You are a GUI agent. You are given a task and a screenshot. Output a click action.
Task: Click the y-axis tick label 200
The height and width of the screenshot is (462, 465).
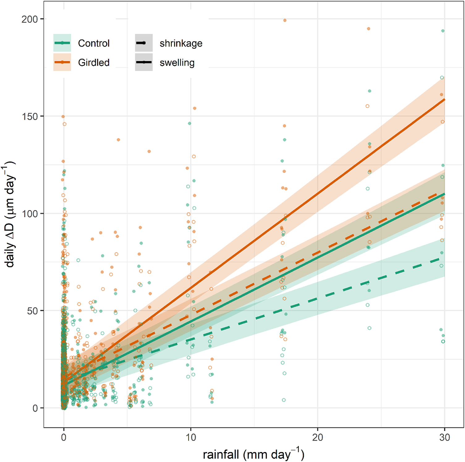[29, 19]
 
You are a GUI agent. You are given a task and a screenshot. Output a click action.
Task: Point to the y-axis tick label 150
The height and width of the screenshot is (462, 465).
[29, 117]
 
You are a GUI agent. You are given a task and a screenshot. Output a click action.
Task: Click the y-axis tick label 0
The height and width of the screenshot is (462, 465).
[35, 408]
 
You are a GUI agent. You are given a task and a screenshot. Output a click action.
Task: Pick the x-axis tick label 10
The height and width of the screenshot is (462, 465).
[191, 437]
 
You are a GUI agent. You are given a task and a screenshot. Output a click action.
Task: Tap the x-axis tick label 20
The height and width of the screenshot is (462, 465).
[318, 437]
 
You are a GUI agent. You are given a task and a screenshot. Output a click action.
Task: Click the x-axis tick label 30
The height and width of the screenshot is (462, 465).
[445, 437]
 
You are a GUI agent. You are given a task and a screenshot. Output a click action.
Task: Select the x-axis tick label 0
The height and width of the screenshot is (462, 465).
[64, 437]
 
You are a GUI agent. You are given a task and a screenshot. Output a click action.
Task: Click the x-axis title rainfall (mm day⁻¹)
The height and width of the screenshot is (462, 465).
[253, 454]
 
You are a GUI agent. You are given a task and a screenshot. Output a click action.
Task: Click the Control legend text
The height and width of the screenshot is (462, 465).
[94, 43]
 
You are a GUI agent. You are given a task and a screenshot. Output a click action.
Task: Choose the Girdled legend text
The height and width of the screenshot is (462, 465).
[94, 63]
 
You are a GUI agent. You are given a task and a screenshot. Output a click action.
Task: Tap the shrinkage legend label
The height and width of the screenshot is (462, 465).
[181, 44]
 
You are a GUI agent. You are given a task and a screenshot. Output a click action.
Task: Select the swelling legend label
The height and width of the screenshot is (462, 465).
[177, 63]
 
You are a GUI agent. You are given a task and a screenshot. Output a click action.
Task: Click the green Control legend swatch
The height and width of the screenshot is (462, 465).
[62, 43]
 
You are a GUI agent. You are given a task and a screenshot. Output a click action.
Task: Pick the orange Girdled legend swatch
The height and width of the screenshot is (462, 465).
[62, 62]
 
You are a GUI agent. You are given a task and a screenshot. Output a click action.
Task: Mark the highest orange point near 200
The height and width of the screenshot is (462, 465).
[285, 20]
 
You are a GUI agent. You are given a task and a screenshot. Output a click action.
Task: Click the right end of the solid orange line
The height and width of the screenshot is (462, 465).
[444, 99]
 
